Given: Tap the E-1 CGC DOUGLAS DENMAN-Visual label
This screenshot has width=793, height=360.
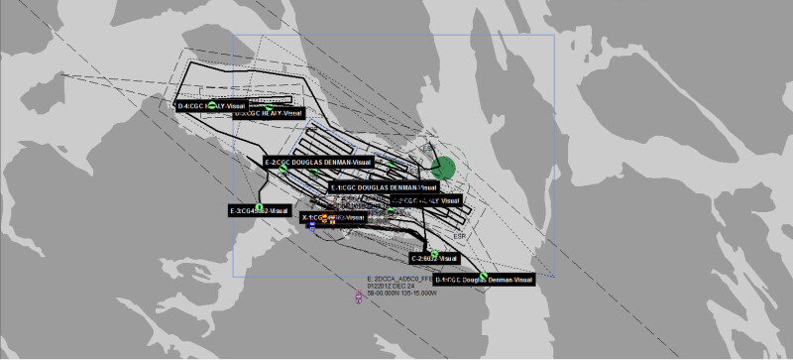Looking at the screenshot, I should pyautogui.click(x=384, y=186).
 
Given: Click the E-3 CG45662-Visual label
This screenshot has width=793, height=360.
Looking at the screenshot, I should pyautogui.click(x=260, y=210).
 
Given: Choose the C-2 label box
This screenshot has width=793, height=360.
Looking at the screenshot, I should pyautogui.click(x=435, y=258).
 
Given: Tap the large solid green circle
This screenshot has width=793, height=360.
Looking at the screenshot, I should pyautogui.click(x=445, y=168).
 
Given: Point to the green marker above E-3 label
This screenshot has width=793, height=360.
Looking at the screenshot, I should pyautogui.click(x=259, y=204).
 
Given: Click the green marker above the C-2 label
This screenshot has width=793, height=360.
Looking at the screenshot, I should pyautogui.click(x=434, y=253).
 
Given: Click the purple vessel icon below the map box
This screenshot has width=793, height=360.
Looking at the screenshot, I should pyautogui.click(x=359, y=297).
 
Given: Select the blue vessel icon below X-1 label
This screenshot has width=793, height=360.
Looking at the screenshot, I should pyautogui.click(x=312, y=227).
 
